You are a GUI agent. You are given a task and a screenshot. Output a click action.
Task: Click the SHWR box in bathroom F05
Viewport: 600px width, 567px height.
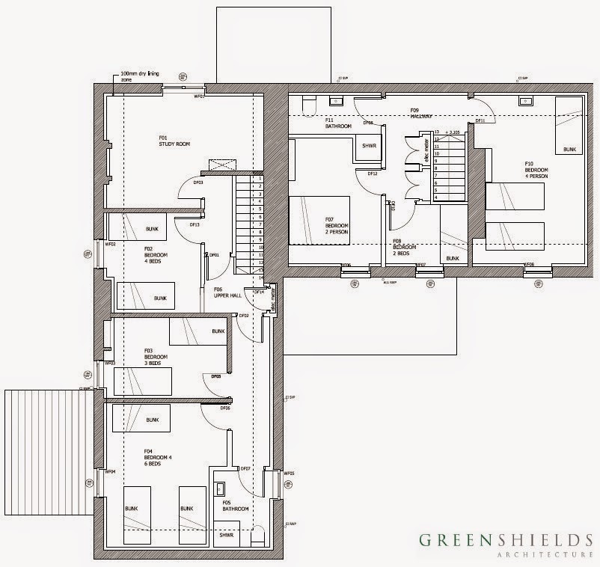pyautogui.click(x=224, y=535)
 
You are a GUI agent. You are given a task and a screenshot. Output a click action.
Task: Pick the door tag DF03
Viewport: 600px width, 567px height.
pyautogui.click(x=198, y=183)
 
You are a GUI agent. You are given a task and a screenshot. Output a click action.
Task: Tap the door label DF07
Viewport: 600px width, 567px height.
pyautogui.click(x=244, y=469)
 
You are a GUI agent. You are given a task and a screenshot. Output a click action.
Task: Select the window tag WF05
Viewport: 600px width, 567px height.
pyautogui.click(x=290, y=473)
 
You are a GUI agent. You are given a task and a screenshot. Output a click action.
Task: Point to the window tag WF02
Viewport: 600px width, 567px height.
pyautogui.click(x=110, y=244)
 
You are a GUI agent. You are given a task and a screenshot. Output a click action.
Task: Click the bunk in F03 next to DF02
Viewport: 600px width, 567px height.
pyautogui.click(x=199, y=331)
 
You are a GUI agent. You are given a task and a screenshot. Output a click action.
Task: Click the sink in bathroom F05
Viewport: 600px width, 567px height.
pyautogui.click(x=220, y=488)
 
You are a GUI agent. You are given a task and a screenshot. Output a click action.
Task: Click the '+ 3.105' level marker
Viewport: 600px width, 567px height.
pyautogui.click(x=451, y=132)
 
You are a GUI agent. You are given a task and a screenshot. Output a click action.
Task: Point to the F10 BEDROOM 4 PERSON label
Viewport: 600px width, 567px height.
pyautogui.click(x=536, y=171)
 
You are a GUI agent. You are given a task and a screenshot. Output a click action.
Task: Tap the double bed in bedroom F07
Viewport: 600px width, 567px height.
pyautogui.click(x=319, y=220)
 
